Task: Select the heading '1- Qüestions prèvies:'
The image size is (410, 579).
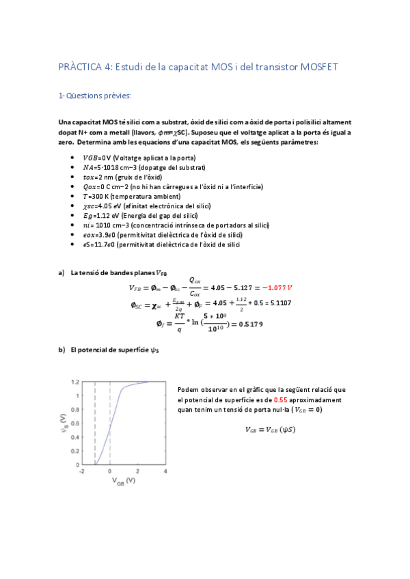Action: (94, 96)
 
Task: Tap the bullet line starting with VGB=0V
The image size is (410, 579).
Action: (133, 157)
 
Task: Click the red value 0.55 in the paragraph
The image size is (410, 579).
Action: (280, 399)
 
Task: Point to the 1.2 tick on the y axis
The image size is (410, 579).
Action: (76, 382)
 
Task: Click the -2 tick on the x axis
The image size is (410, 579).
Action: (81, 471)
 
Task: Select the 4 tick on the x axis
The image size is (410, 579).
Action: (165, 471)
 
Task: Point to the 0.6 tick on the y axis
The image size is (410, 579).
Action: (76, 423)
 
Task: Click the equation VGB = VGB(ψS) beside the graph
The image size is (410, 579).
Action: (270, 429)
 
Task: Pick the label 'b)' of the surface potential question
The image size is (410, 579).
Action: (61, 350)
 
